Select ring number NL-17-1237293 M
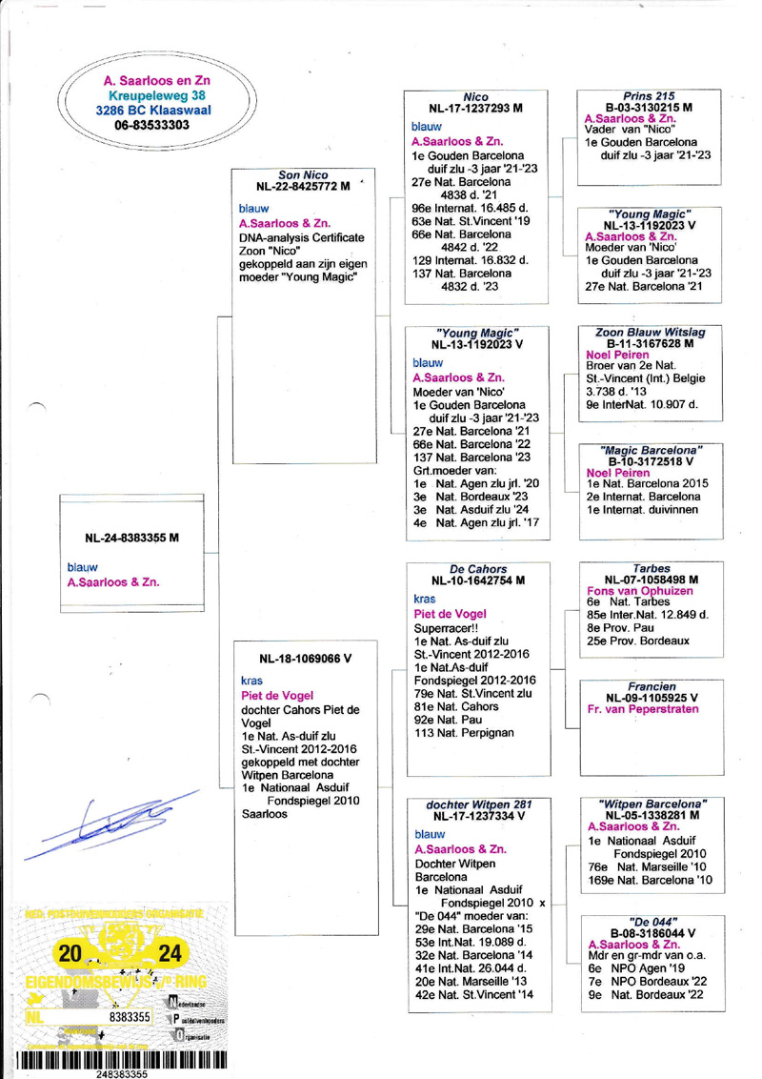[x=474, y=109]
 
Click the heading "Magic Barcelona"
[x=648, y=449]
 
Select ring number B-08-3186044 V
[x=648, y=933]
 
